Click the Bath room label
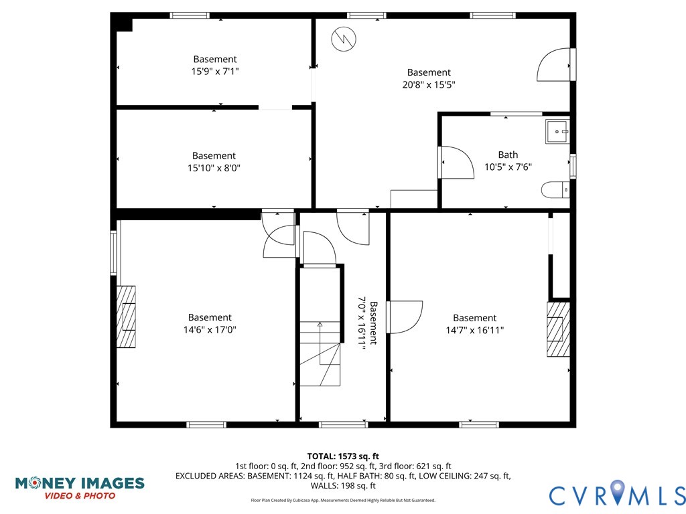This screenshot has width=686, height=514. tap(508, 155)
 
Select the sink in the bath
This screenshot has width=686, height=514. tap(557, 132)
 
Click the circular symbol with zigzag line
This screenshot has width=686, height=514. tap(343, 38)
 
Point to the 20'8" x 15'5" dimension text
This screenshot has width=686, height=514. tap(429, 85)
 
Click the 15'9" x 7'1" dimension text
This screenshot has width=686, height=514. tap(214, 72)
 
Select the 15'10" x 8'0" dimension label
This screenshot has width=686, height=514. tap(214, 168)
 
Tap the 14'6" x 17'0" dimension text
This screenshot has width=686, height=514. tap(210, 330)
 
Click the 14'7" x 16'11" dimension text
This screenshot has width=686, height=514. tap(474, 330)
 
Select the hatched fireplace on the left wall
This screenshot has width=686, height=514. tap(126, 317)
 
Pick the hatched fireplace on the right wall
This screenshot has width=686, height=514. tap(558, 329)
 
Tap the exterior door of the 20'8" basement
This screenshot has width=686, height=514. tap(555, 65)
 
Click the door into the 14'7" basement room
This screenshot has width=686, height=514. tap(404, 317)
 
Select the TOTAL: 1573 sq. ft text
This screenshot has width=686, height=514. tap(343, 456)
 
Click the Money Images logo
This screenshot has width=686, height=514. tap(80, 488)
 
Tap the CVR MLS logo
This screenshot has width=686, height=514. tap(617, 494)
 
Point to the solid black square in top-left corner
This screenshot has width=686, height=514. tap(123, 24)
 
